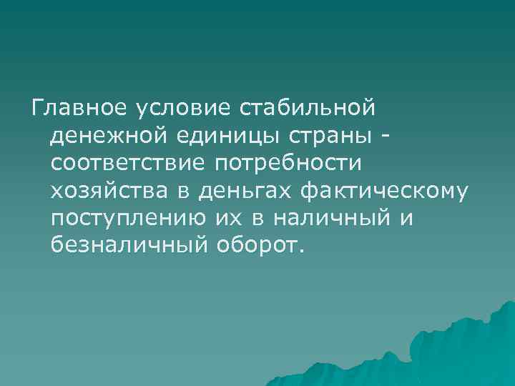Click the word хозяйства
(106, 191)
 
